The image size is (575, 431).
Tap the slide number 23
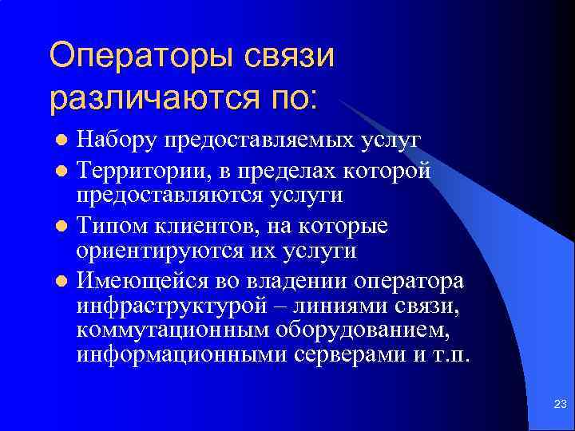click(x=559, y=406)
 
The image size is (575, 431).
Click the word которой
click(x=391, y=169)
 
